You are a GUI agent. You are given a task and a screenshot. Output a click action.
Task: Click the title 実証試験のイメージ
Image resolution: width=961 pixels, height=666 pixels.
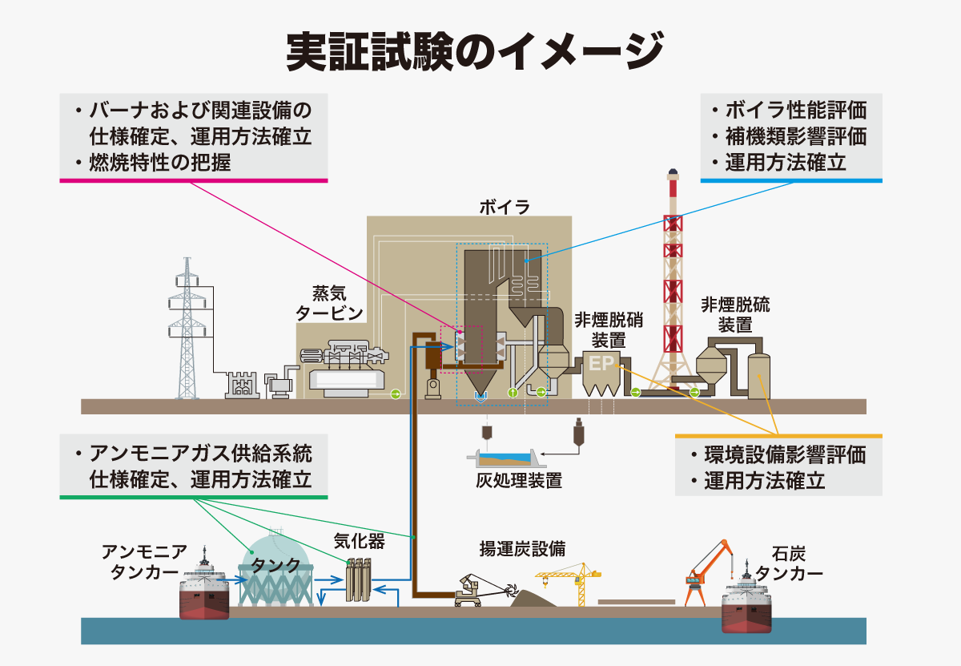(x=474, y=51)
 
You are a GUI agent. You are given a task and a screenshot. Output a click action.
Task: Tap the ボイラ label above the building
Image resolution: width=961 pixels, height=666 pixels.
(x=505, y=208)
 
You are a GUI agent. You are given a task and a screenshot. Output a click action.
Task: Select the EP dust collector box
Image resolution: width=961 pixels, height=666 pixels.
(x=601, y=373)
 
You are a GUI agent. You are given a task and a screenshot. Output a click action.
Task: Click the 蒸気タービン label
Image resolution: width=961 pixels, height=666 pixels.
(x=329, y=304)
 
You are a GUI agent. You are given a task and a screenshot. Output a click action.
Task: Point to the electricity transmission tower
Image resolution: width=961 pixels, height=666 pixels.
(x=187, y=328)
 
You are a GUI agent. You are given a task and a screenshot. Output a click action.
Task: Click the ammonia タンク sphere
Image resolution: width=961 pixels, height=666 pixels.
(x=275, y=566)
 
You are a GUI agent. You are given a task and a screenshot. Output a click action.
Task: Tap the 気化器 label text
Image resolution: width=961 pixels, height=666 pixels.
(x=359, y=542)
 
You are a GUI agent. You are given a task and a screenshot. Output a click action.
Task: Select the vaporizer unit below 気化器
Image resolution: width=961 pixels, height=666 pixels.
(x=359, y=579)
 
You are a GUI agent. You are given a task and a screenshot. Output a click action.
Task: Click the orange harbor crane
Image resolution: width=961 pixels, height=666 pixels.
(x=708, y=572)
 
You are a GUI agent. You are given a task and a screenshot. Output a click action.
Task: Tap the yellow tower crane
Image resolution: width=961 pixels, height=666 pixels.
(x=570, y=583)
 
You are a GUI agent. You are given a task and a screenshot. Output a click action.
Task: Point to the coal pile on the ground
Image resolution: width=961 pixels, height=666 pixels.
(x=533, y=599)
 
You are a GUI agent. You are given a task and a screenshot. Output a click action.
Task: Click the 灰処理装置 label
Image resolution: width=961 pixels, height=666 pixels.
(x=519, y=481)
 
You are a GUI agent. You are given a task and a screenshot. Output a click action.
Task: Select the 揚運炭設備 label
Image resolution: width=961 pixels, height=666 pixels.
(x=522, y=548)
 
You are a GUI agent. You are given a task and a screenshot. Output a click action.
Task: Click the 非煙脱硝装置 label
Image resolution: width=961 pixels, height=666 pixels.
(x=609, y=330)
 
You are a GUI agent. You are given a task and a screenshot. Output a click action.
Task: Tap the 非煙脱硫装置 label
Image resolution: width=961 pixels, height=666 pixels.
(x=735, y=315)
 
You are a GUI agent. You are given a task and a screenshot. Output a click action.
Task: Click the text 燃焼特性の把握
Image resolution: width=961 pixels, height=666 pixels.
(x=160, y=163)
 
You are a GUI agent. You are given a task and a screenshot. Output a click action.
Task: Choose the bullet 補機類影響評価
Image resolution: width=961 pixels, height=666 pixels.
(x=796, y=136)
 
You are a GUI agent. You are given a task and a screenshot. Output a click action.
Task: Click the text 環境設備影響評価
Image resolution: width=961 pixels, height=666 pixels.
(x=785, y=454)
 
